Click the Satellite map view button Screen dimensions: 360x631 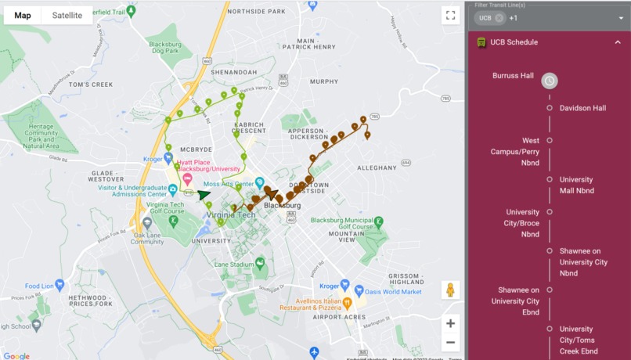pos(67,16)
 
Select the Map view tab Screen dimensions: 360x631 pos(23,16)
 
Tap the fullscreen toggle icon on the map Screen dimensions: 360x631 pos(450,15)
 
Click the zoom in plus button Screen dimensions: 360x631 pos(450,323)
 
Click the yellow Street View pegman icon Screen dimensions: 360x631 pos(450,290)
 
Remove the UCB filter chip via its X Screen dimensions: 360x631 pos(499,18)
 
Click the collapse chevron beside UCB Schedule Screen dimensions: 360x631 pos(617,42)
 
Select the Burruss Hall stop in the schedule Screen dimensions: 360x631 pos(513,76)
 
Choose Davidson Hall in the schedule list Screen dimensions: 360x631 pos(582,108)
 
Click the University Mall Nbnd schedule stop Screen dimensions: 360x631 pos(577,185)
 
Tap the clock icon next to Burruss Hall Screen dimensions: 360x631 pos(550,81)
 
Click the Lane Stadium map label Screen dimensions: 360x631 pos(234,265)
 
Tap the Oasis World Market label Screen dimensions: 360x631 pos(395,292)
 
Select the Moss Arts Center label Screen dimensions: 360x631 pos(229,184)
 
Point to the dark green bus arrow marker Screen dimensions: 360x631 pos(204,195)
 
